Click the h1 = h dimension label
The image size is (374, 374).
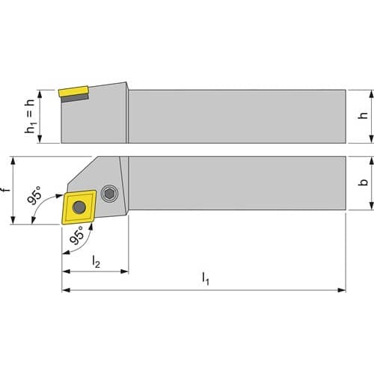(x=30, y=116)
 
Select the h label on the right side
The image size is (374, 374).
(x=364, y=114)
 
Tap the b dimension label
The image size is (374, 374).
(x=364, y=182)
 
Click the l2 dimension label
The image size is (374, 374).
(x=96, y=261)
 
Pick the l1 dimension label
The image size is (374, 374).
(x=205, y=278)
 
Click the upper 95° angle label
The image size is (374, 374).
(x=35, y=194)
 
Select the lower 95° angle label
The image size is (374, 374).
(x=77, y=235)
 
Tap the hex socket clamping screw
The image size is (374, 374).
(x=109, y=194)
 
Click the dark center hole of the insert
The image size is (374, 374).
(x=79, y=207)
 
